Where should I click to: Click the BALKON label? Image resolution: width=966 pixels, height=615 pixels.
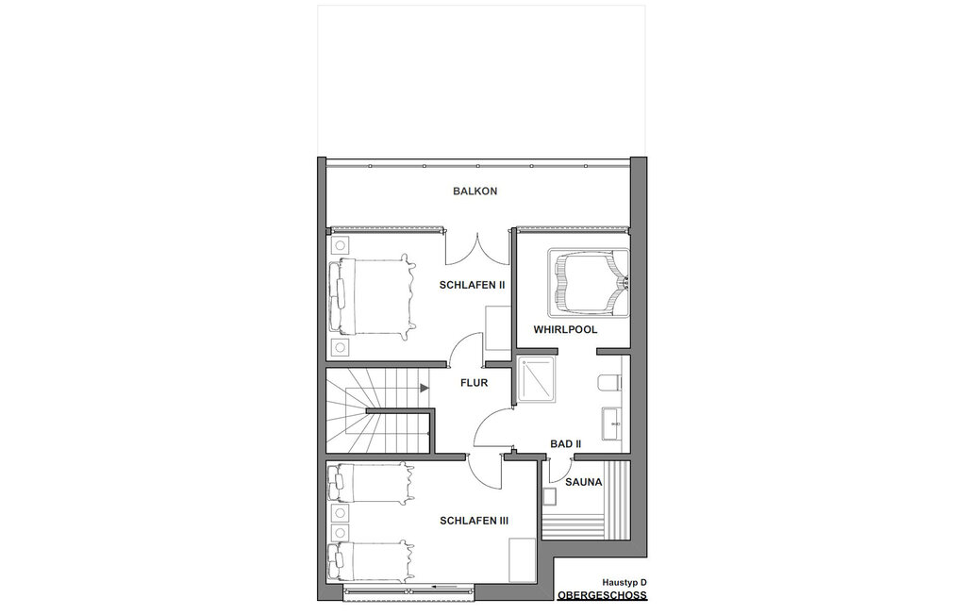pyautogui.click(x=475, y=191)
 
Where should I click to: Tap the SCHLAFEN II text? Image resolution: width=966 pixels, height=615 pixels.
pyautogui.click(x=472, y=285)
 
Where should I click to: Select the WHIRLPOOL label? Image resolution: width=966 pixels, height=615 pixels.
pyautogui.click(x=566, y=330)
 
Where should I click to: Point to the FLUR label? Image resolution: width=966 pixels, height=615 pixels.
pyautogui.click(x=474, y=383)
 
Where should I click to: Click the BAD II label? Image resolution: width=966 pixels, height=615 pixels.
pyautogui.click(x=566, y=443)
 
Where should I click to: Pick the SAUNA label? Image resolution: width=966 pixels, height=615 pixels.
pyautogui.click(x=583, y=482)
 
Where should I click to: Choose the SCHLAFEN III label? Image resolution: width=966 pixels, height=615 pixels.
pyautogui.click(x=474, y=521)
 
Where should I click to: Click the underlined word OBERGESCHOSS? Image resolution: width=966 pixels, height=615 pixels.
pyautogui.click(x=602, y=595)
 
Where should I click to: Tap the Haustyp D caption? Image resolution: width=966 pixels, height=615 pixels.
pyautogui.click(x=625, y=582)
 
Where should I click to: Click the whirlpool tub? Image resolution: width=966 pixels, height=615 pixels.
pyautogui.click(x=589, y=282)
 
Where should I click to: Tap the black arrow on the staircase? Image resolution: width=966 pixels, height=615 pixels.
pyautogui.click(x=425, y=388)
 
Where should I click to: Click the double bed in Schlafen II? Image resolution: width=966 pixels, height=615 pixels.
pyautogui.click(x=371, y=297)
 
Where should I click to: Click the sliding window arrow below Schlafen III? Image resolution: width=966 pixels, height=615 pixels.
pyautogui.click(x=443, y=587)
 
